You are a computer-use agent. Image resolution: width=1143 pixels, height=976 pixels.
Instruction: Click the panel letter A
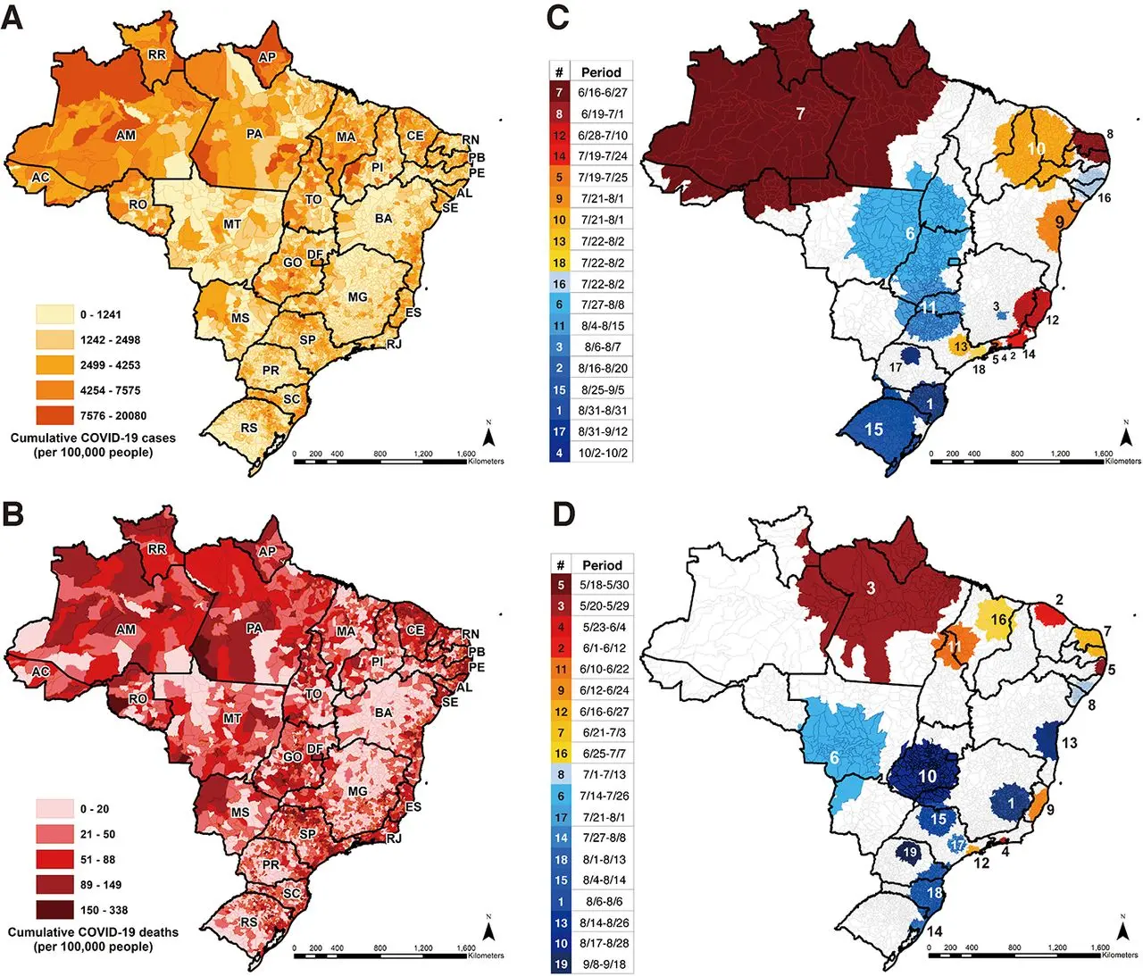(13, 18)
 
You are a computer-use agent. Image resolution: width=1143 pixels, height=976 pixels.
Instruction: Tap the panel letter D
(563, 514)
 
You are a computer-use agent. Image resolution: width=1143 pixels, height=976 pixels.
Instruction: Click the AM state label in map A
(126, 135)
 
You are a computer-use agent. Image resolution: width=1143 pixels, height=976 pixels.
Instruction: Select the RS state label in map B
(249, 922)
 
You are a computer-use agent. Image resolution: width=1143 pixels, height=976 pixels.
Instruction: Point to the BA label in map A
(383, 218)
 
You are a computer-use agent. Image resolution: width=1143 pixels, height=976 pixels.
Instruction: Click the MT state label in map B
(232, 718)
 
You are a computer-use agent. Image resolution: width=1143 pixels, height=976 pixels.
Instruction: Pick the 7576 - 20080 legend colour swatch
(54, 415)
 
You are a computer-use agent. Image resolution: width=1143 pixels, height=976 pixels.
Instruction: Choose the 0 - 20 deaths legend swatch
(54, 809)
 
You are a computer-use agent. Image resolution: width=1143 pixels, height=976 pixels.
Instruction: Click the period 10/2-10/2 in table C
(603, 453)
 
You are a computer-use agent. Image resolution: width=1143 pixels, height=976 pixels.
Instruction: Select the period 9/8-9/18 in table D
(604, 964)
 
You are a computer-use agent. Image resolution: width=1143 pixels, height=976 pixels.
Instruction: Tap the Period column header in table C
(601, 72)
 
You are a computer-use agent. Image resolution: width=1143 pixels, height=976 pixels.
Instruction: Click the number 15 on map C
(873, 430)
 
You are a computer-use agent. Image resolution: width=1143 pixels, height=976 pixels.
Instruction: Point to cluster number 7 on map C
(800, 113)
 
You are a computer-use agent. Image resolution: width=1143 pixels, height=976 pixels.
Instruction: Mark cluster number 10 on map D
(928, 776)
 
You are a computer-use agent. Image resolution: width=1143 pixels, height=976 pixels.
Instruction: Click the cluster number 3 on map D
(871, 588)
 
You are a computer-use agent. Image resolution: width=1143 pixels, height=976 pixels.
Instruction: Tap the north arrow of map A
(488, 436)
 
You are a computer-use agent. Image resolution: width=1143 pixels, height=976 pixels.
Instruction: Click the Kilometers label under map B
(486, 955)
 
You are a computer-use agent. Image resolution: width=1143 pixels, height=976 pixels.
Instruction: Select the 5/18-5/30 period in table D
(604, 585)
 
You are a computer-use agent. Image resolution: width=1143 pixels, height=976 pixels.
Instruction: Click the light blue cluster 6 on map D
(834, 758)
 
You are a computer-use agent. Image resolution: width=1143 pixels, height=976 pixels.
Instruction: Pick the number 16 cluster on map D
(998, 619)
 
